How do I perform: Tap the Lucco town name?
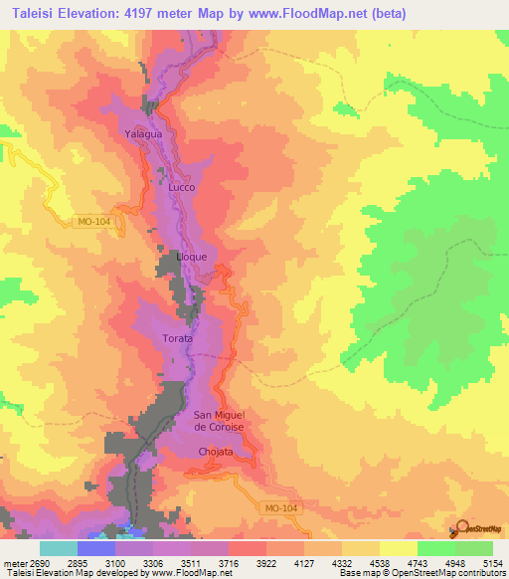click(x=182, y=187)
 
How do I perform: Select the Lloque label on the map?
click(x=191, y=255)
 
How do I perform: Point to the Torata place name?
click(x=178, y=338)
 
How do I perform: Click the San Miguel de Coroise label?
click(x=218, y=420)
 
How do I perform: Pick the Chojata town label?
click(x=215, y=452)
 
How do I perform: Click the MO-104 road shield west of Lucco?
click(x=94, y=222)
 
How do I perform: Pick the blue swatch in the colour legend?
click(x=95, y=548)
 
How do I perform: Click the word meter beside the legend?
click(x=11, y=562)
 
